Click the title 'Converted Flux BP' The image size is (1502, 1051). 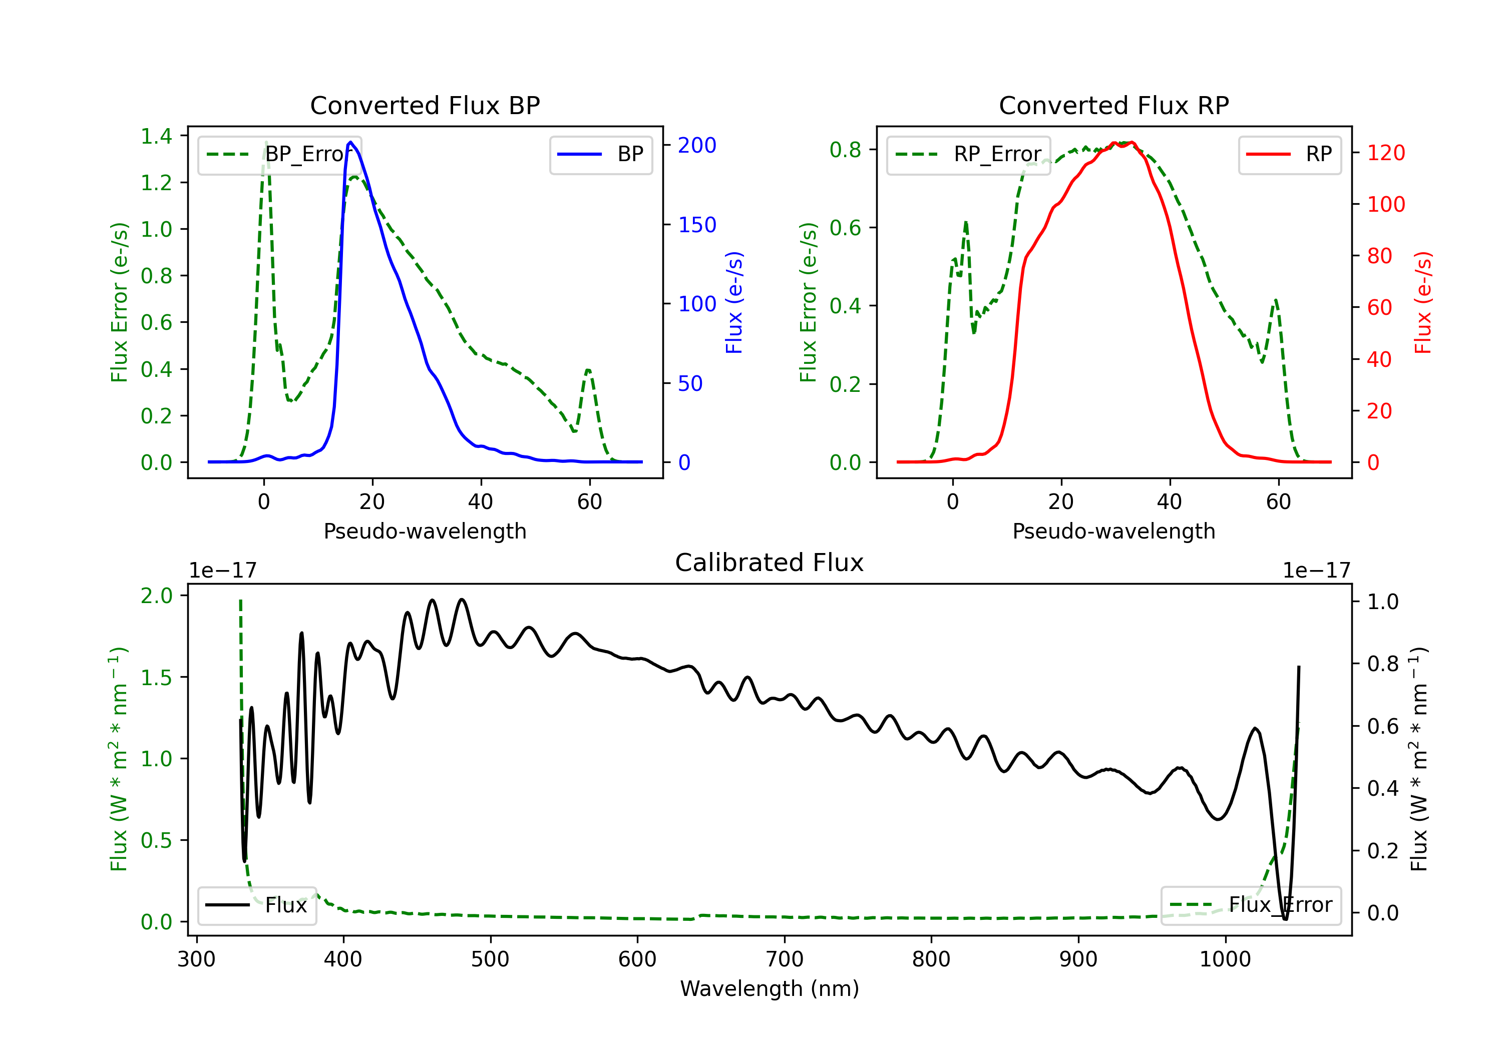425,105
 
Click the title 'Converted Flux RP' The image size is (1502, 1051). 1113,105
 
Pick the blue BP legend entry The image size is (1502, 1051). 600,154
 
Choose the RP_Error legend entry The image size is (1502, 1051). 968,154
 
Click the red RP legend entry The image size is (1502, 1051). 1289,154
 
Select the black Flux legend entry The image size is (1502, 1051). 256,905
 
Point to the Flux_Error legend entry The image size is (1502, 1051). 1251,905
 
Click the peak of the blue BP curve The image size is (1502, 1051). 350,142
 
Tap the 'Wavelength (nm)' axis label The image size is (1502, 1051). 770,988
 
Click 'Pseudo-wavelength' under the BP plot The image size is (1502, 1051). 425,531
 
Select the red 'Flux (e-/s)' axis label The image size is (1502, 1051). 1423,302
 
